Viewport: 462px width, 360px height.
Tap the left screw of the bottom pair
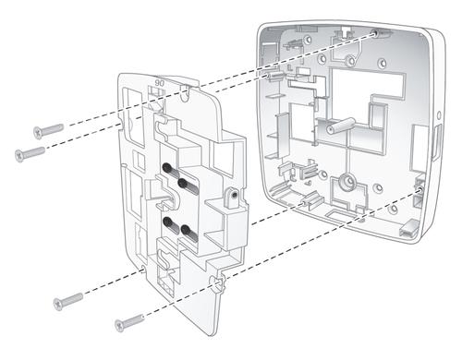67,301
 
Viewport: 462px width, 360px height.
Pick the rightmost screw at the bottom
128,322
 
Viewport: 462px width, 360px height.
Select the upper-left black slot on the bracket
171,169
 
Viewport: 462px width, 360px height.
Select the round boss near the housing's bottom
349,180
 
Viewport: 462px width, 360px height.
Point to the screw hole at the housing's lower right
421,191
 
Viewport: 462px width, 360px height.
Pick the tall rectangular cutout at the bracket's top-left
133,117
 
